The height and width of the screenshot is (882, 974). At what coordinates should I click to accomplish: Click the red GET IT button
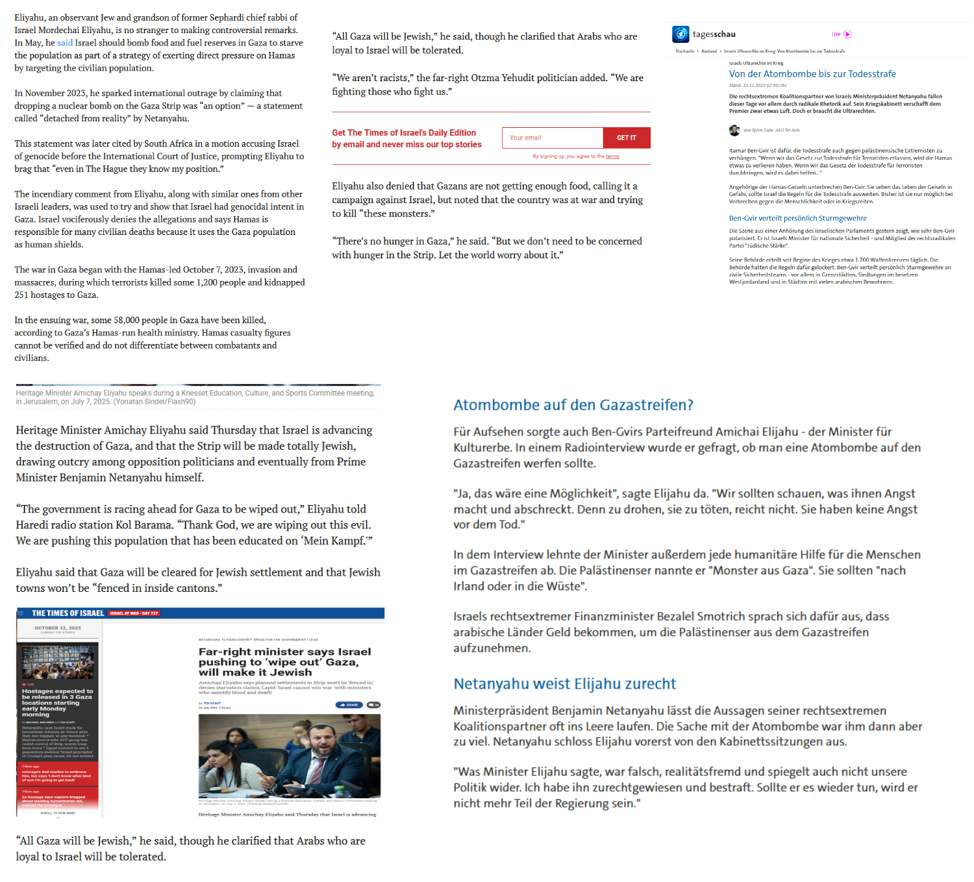(x=626, y=138)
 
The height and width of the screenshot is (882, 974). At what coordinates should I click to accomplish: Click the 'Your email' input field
(x=552, y=138)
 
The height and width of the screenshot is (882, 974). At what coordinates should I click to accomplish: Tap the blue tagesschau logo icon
(x=681, y=34)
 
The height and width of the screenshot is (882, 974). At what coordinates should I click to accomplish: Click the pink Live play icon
(x=847, y=34)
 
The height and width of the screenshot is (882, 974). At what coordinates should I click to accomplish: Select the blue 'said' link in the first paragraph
(x=65, y=43)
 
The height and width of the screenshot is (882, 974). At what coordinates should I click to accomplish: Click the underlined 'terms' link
(x=612, y=156)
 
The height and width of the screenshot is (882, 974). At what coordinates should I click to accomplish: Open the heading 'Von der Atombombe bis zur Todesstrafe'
(x=812, y=74)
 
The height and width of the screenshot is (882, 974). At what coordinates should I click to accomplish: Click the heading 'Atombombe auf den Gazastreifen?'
(x=573, y=405)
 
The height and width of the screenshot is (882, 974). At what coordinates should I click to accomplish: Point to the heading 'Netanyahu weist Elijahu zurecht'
(x=564, y=683)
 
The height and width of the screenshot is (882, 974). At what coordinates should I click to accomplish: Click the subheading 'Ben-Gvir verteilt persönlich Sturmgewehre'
(x=797, y=218)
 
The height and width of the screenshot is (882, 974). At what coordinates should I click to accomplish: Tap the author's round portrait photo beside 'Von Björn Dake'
(x=734, y=130)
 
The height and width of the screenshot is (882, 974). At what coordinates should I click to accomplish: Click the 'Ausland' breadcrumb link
(x=709, y=51)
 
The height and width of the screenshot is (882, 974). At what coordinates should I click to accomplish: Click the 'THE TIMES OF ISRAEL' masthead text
(x=68, y=613)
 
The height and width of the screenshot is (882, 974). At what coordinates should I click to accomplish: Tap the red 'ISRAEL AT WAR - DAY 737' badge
(x=134, y=613)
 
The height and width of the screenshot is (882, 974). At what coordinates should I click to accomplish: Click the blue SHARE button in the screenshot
(x=349, y=705)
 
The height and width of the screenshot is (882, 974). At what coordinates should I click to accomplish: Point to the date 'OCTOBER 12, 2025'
(x=58, y=628)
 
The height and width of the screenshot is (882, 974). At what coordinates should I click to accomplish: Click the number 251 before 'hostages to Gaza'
(x=23, y=295)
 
